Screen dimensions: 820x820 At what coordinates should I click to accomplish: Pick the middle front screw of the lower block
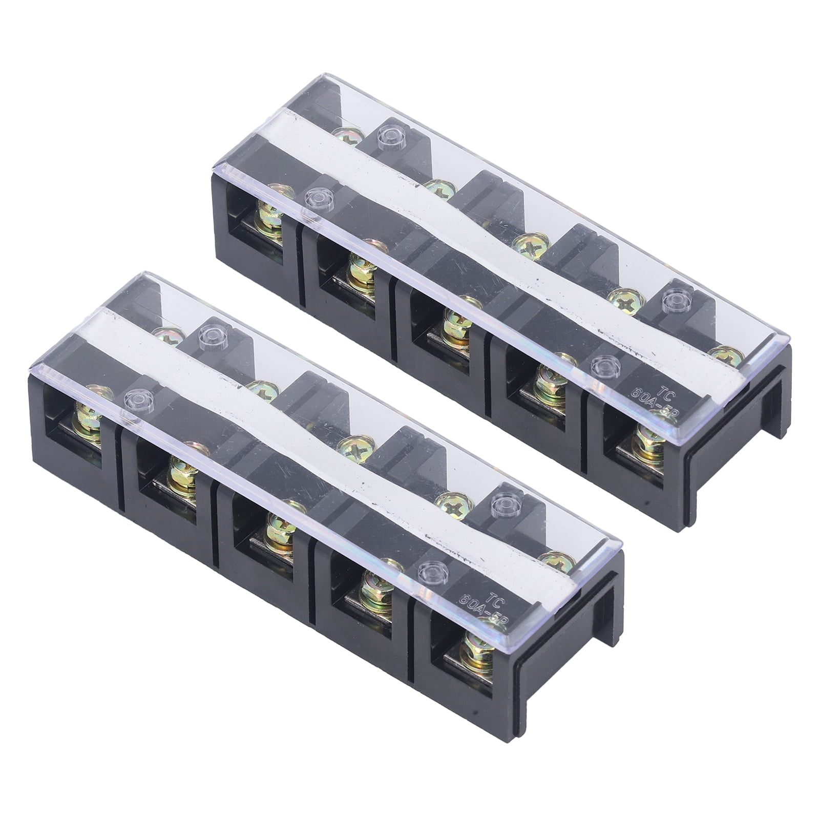point(281,530)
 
